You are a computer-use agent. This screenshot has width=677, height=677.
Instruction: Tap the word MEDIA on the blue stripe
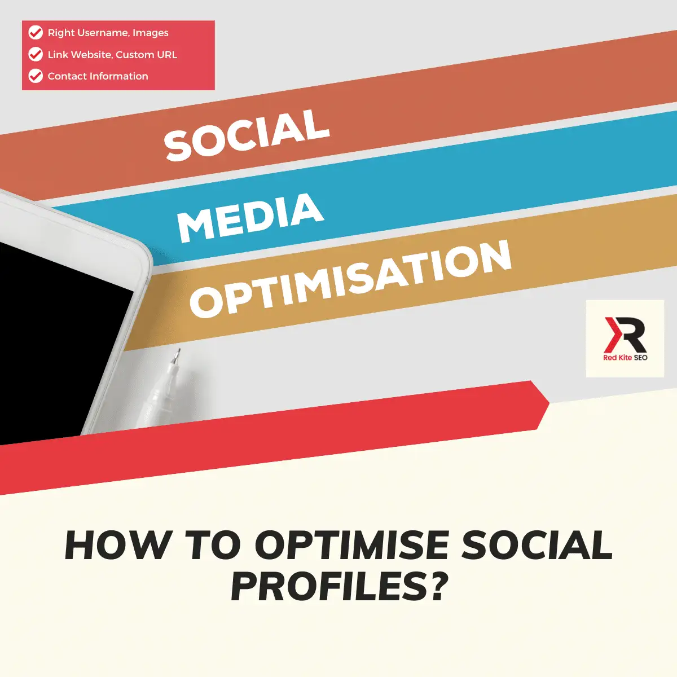coord(250,218)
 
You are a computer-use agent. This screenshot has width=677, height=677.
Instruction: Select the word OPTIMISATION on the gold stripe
coord(350,279)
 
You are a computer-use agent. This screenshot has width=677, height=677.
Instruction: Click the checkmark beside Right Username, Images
coord(36,33)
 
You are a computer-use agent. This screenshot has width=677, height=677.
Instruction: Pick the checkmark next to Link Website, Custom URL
coord(36,54)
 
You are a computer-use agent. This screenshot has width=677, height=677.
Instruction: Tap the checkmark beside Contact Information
coord(36,76)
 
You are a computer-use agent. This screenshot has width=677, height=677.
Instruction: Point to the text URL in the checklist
coord(167,55)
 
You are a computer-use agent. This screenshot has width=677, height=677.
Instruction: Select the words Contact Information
coord(98,76)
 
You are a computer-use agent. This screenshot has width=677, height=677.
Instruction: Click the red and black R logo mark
coord(625,335)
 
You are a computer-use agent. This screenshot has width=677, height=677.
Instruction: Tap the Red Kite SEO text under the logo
coord(625,358)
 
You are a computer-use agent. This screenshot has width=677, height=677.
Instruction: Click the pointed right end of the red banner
coord(549,403)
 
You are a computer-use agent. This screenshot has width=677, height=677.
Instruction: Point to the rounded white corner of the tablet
coord(142,251)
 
